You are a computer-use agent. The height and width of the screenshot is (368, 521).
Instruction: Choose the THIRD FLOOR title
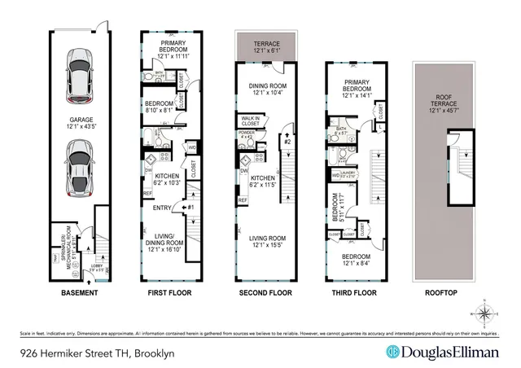click(x=352, y=293)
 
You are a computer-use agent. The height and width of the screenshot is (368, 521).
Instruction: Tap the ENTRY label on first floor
click(x=163, y=208)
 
